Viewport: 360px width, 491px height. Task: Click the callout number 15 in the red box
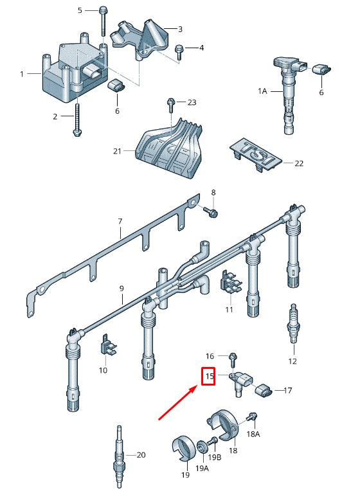pos(208,376)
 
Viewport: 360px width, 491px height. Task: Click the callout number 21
pos(116,151)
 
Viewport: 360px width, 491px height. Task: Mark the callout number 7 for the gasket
pos(120,222)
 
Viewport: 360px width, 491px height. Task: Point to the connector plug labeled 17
pos(264,390)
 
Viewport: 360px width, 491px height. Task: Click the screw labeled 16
pos(232,357)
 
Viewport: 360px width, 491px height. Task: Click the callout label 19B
pos(215,458)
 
